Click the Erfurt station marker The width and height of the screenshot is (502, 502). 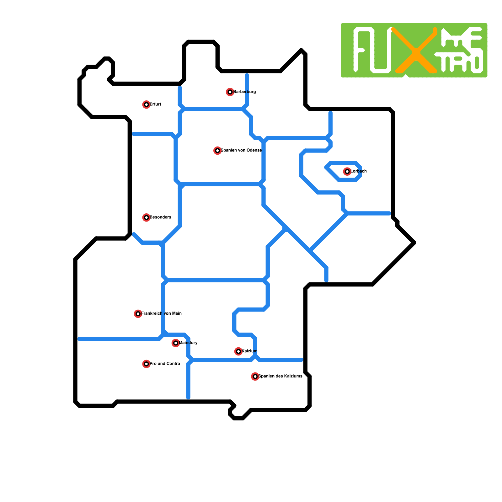click(146, 104)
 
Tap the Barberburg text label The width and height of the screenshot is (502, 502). click(244, 92)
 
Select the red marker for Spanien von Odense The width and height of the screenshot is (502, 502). click(217, 151)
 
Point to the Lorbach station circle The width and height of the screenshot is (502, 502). click(347, 171)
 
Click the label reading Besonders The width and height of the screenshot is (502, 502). click(160, 217)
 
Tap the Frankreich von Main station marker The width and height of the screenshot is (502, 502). click(138, 314)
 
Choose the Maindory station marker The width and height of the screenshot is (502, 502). click(176, 343)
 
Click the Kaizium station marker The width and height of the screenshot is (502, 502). click(238, 351)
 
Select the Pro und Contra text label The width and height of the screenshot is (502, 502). click(165, 364)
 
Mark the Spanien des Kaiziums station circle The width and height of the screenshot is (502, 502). click(255, 376)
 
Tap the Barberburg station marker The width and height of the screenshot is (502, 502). click(230, 92)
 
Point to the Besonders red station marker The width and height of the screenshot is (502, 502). click(146, 217)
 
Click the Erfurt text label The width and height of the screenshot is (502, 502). click(155, 104)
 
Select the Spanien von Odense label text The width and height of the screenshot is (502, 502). click(241, 151)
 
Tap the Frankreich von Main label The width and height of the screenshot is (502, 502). click(161, 314)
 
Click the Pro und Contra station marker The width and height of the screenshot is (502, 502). click(146, 364)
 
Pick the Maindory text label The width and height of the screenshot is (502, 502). click(188, 343)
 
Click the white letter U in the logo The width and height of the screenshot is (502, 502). click(381, 52)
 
